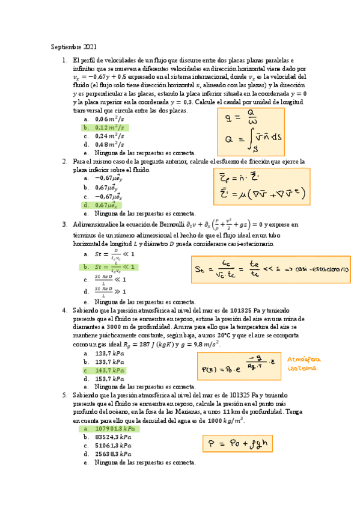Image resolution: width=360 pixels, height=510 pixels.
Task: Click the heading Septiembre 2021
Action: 72,47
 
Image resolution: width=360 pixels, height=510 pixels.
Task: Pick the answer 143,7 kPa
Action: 109,370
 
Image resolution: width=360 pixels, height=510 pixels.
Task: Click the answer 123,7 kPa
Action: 109,354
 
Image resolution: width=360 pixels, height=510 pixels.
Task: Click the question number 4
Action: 64,310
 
